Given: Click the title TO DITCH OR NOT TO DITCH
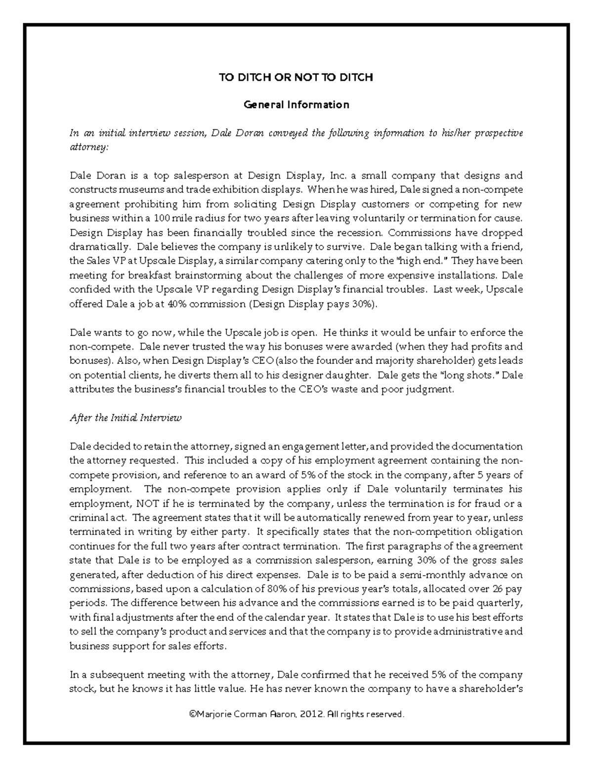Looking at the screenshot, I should coord(296,77).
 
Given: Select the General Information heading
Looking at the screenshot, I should coord(296,105).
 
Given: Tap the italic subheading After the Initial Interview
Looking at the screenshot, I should coord(126,418).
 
